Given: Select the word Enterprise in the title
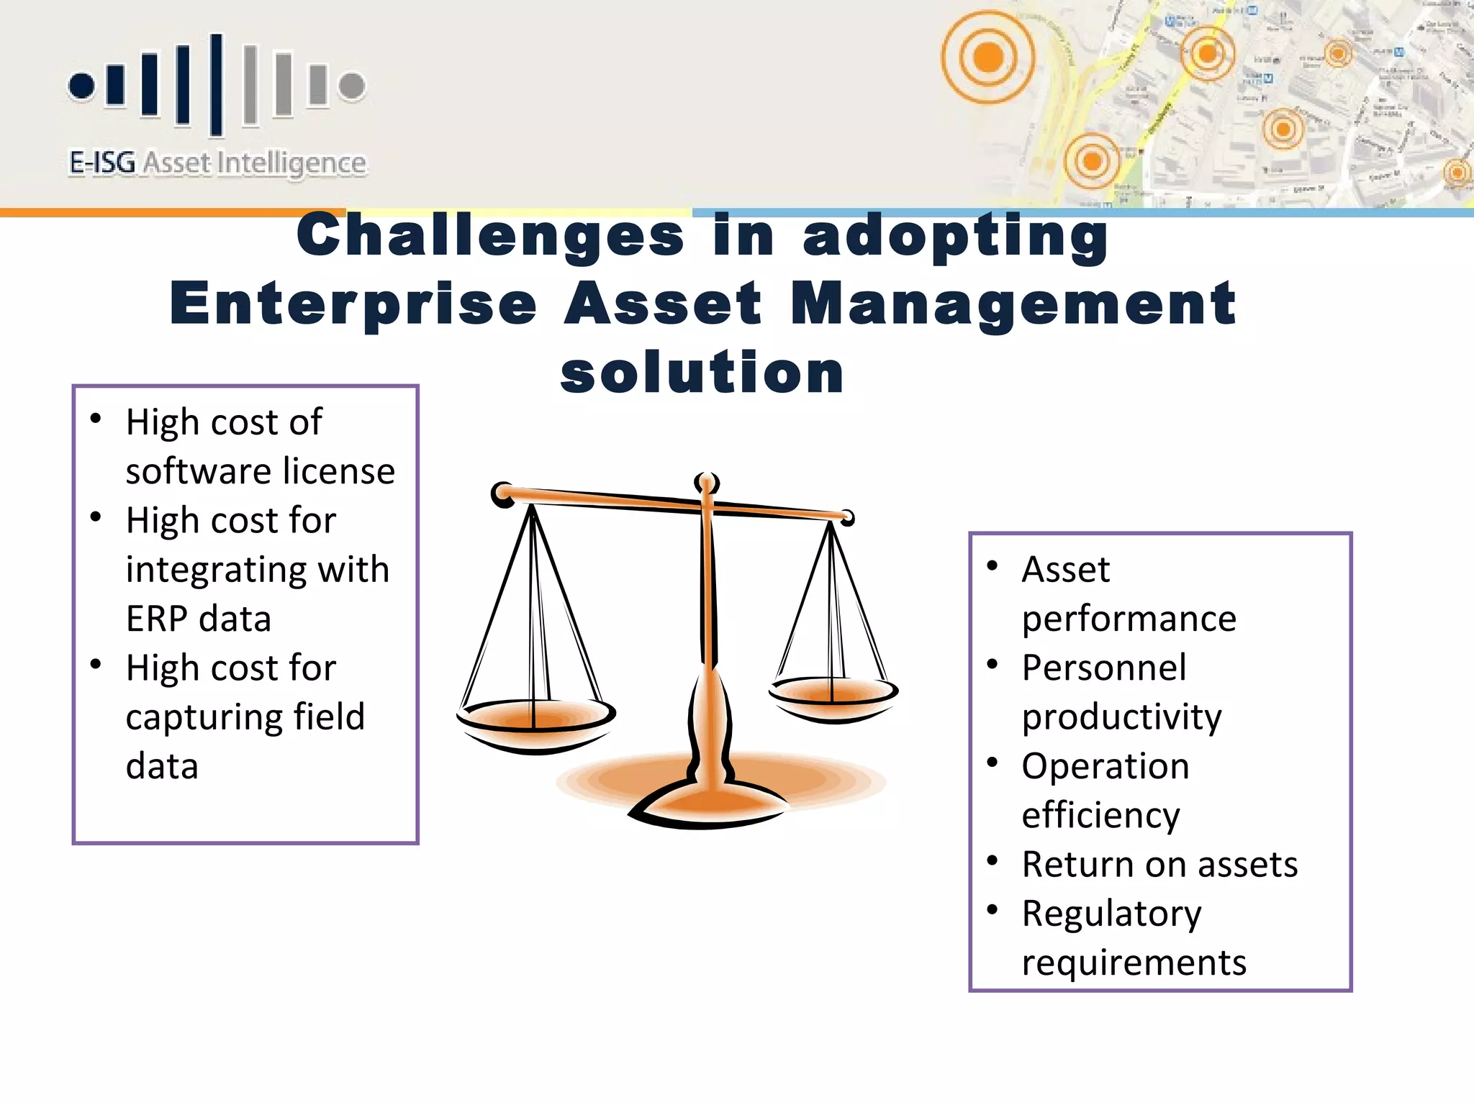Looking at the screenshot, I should [353, 304].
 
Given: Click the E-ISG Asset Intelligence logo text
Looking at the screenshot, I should [217, 163].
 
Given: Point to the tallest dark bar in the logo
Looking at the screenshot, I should [216, 84].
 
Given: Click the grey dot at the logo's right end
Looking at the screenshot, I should [352, 86].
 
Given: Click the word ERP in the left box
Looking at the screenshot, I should [156, 619].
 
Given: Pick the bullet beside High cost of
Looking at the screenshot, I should [96, 419].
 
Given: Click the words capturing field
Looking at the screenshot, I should [245, 717].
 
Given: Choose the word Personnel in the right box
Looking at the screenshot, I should [1103, 668].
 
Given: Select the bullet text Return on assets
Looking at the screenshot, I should [1159, 864].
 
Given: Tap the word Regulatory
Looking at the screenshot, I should [1111, 914].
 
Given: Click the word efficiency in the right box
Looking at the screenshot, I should [1100, 816].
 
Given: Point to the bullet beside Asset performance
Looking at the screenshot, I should [993, 566].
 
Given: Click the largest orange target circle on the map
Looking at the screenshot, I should [987, 57].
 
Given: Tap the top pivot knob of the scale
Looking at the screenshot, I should [707, 483].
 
